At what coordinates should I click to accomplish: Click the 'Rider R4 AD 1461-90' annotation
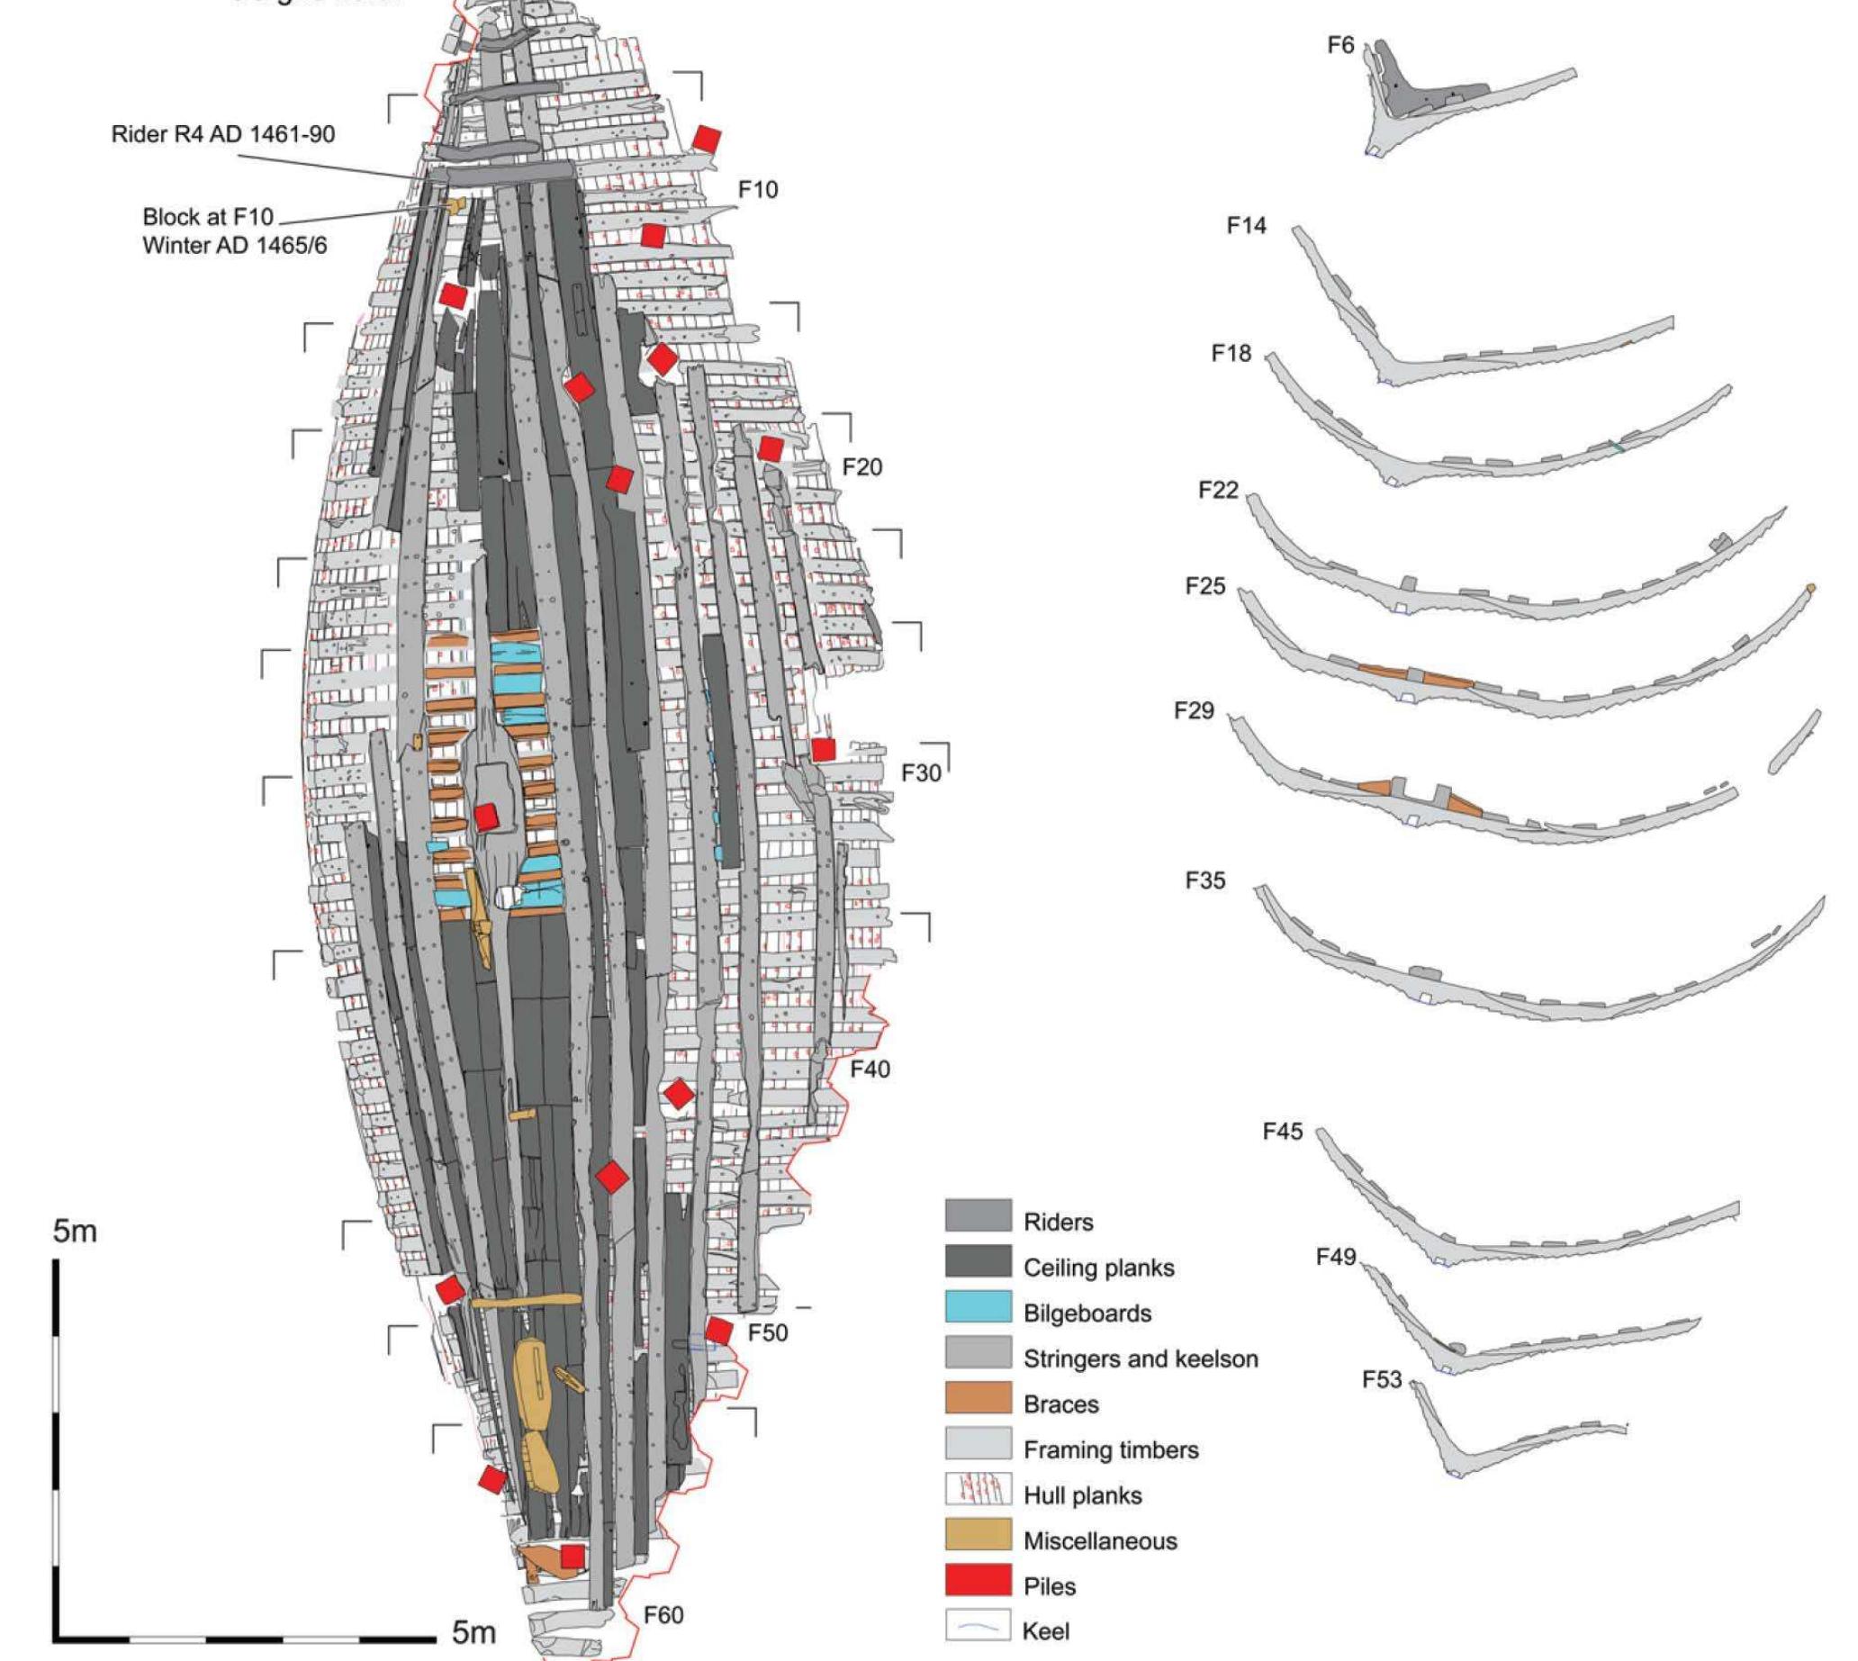tap(222, 134)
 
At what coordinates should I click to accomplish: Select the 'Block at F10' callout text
tap(208, 217)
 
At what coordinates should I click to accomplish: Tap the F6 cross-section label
tap(1340, 46)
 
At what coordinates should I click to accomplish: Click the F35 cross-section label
tap(1204, 880)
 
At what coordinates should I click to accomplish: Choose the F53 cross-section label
tap(1382, 1379)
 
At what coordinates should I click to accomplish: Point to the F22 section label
tap(1218, 491)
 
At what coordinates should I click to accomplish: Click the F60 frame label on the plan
tap(663, 1614)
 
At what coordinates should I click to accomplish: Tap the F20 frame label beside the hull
tap(861, 467)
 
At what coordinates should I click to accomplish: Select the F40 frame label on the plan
tap(870, 1069)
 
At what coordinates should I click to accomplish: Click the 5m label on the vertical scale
tap(75, 1232)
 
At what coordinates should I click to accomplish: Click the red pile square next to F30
tap(823, 750)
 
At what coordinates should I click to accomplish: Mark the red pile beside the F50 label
tap(719, 1332)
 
